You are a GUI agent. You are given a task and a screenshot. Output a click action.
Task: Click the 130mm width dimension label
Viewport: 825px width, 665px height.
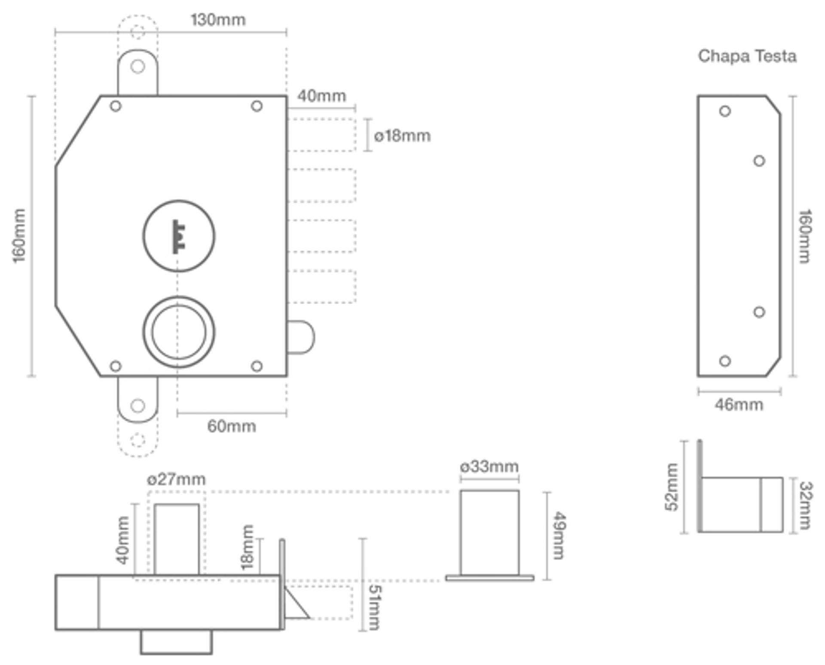(x=218, y=20)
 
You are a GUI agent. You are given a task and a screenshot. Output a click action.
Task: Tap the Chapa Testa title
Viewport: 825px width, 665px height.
(x=747, y=56)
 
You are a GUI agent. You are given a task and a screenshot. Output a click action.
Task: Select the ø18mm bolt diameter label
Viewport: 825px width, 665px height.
(x=402, y=136)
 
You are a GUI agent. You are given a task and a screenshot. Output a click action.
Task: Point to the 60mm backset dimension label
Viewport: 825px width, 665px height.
(x=232, y=426)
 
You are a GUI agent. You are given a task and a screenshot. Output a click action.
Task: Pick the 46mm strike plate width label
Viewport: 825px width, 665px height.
(x=739, y=405)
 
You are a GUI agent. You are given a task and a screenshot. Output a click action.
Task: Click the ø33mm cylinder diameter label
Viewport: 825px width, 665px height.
(x=489, y=466)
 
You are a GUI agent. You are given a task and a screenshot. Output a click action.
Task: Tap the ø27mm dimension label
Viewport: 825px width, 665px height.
(x=176, y=479)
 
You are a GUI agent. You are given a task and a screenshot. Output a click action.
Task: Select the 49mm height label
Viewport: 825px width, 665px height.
(x=559, y=535)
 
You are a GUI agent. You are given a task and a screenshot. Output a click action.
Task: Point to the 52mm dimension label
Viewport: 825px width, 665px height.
(x=672, y=487)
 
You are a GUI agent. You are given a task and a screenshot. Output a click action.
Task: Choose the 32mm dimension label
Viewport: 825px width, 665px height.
(x=805, y=505)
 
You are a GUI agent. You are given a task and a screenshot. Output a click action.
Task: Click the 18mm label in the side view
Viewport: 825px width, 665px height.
(x=248, y=547)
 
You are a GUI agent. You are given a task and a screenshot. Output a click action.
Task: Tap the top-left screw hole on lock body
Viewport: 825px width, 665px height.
(x=116, y=106)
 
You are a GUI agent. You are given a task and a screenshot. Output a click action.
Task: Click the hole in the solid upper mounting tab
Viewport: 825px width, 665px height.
(x=137, y=67)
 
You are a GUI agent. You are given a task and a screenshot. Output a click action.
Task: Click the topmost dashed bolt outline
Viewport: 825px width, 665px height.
(x=321, y=134)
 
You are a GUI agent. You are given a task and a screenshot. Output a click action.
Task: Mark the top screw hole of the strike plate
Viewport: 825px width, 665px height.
(x=725, y=111)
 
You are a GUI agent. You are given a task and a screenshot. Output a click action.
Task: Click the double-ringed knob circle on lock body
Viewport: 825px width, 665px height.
(x=179, y=332)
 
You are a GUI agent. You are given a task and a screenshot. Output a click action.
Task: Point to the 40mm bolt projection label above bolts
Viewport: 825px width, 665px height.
(x=321, y=96)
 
